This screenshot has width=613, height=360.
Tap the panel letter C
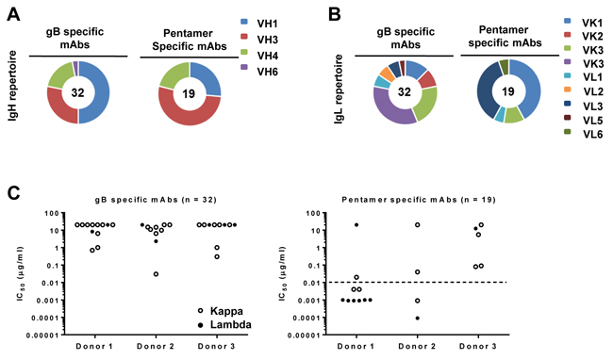[13, 193]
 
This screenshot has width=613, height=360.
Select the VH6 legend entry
[259, 72]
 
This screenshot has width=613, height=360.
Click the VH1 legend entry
[259, 24]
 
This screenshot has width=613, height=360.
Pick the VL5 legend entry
[583, 121]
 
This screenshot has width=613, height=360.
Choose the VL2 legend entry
[583, 91]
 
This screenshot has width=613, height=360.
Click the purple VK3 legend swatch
[567, 63]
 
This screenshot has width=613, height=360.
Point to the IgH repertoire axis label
[13, 85]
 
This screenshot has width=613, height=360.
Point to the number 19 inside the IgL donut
[507, 91]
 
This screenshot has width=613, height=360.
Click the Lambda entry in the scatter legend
[225, 324]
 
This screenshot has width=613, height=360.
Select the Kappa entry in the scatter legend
[221, 311]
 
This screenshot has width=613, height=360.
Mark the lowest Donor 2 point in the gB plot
[156, 274]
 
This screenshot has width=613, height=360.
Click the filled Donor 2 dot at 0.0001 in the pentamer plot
[418, 318]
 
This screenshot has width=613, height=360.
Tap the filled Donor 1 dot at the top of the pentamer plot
[356, 225]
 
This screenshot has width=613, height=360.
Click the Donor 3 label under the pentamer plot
[478, 346]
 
